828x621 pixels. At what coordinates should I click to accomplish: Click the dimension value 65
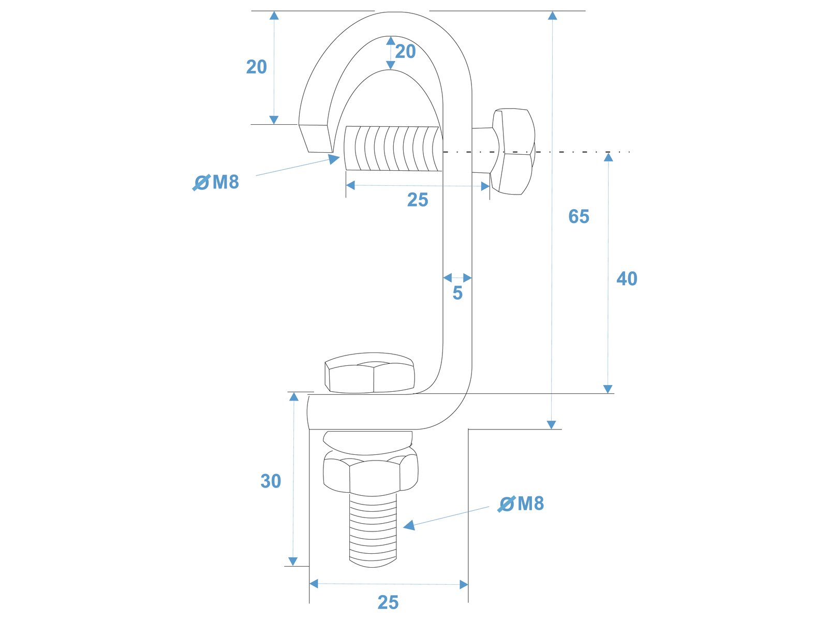point(579,216)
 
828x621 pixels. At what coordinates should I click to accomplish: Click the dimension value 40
point(627,279)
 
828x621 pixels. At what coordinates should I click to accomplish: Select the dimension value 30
point(271,481)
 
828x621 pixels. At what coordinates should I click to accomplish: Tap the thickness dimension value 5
point(457,293)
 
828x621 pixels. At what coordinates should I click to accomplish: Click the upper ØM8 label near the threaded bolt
point(216,182)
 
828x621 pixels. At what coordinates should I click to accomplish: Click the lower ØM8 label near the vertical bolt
point(521,504)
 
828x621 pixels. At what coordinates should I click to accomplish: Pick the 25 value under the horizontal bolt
point(418,200)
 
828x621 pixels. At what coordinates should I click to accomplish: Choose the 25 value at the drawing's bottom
point(388,602)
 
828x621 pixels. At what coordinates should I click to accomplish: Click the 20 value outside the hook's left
point(257,67)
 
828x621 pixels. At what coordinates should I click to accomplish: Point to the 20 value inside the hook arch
point(406,52)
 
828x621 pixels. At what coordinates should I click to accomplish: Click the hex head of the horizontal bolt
point(513,152)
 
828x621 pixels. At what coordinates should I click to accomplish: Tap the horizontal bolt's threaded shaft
point(392,149)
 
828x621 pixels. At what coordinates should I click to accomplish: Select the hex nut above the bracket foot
point(369,374)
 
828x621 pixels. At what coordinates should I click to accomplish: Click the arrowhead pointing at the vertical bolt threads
point(409,526)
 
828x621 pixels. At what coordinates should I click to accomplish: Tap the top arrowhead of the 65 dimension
point(553,16)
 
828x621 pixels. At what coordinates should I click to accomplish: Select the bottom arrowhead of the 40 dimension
point(608,389)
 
